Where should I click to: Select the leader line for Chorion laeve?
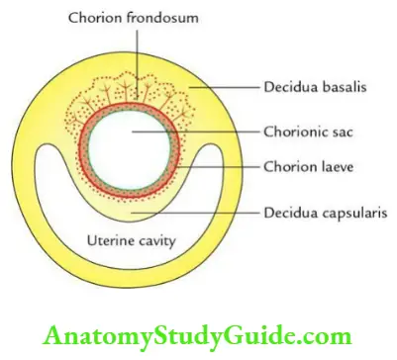coord(218,167)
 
